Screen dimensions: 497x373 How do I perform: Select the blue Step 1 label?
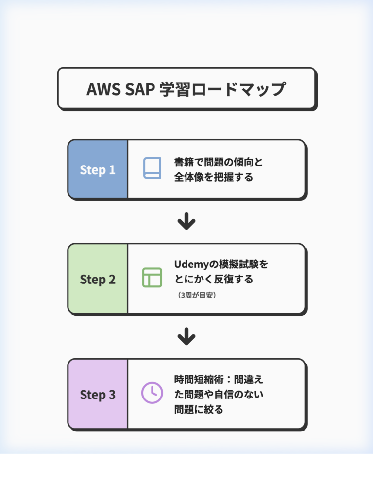click(98, 170)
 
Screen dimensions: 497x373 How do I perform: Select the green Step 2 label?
click(98, 280)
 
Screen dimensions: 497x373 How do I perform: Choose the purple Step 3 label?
click(98, 395)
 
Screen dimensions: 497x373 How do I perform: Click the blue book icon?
click(152, 168)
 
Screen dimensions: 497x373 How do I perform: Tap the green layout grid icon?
click(152, 277)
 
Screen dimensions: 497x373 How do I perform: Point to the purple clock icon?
click(152, 393)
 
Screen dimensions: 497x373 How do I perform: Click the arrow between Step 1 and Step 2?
click(186, 222)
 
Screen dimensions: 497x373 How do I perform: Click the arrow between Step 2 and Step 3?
click(186, 336)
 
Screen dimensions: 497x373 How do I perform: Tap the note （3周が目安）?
click(197, 295)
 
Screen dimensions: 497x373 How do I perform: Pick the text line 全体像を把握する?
click(214, 177)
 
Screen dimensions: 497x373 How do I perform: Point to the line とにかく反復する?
click(214, 280)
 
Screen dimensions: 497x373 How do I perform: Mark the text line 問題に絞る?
click(199, 409)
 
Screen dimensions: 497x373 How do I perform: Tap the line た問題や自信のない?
click(218, 394)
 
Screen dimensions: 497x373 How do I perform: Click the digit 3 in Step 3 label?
click(112, 395)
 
